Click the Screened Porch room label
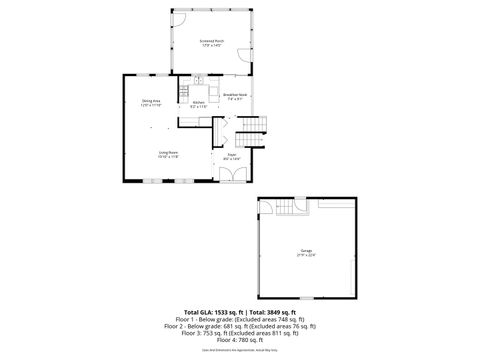[x=212, y=43]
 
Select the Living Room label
[x=168, y=153]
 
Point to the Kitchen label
[x=198, y=104]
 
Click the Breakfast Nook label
[x=237, y=97]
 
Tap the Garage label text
[x=305, y=252]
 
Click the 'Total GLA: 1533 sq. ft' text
[x=209, y=313]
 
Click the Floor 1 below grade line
[x=240, y=320]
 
